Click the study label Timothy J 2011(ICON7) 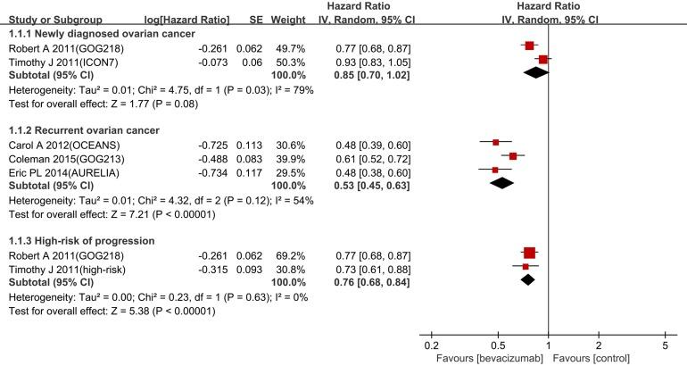pyautogui.click(x=57, y=59)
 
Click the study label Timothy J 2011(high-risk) pyautogui.click(x=62, y=267)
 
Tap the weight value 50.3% pyautogui.click(x=284, y=59)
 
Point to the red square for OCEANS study pyautogui.click(x=495, y=142)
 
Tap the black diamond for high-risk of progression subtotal pyautogui.click(x=527, y=279)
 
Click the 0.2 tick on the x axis pyautogui.click(x=431, y=345)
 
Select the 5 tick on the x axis pyautogui.click(x=664, y=345)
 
